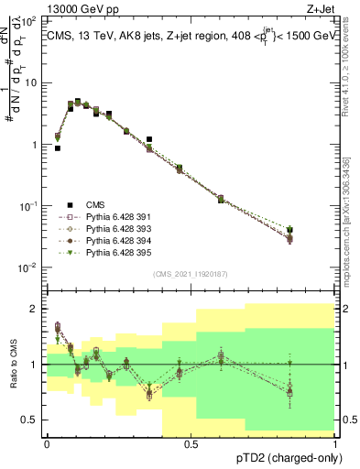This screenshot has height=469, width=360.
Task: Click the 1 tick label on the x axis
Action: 335,444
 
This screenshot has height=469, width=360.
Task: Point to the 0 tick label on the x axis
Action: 46,444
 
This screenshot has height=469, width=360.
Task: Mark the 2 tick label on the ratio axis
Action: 34,309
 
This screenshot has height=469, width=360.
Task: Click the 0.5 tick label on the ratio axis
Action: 30,420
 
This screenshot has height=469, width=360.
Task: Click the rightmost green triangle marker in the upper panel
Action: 316,230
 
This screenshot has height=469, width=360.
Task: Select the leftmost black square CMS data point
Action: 58,147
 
